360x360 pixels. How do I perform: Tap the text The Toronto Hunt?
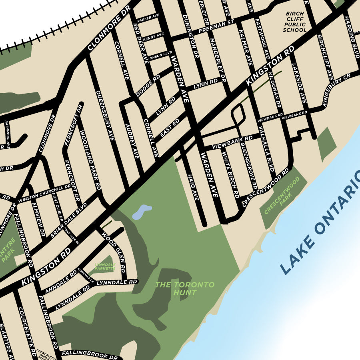tap(185, 288)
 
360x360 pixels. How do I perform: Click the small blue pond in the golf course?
tap(142, 212)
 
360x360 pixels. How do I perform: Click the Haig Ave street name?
tap(193, 187)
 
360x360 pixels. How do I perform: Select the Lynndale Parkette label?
tap(105, 266)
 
